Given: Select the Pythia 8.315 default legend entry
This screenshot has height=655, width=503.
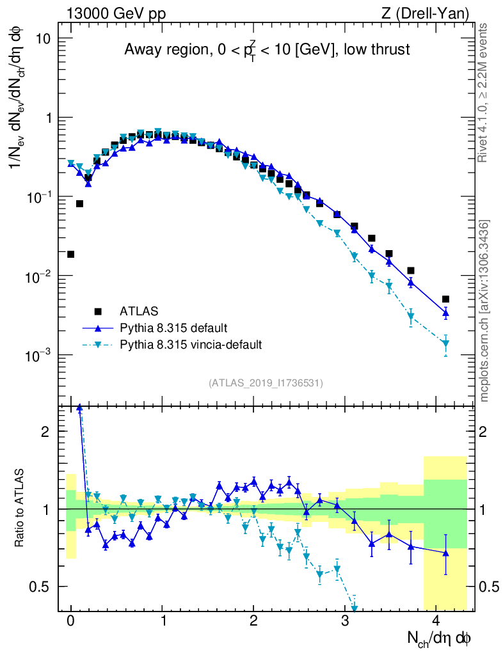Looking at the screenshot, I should click(173, 328).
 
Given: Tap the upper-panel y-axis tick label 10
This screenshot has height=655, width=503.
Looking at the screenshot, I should click(42, 38).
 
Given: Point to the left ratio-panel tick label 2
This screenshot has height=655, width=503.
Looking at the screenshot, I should click(45, 431).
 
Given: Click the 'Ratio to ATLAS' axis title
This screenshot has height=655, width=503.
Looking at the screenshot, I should click(22, 508).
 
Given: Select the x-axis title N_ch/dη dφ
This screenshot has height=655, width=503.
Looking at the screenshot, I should click(440, 638).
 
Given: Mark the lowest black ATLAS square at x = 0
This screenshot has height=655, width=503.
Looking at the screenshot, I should click(70, 254).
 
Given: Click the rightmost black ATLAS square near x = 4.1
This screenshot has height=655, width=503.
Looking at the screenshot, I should click(445, 299).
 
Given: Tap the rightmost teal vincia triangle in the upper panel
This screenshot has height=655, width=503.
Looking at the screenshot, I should click(445, 343).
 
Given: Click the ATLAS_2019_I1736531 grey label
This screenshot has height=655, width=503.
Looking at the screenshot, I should click(266, 383).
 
